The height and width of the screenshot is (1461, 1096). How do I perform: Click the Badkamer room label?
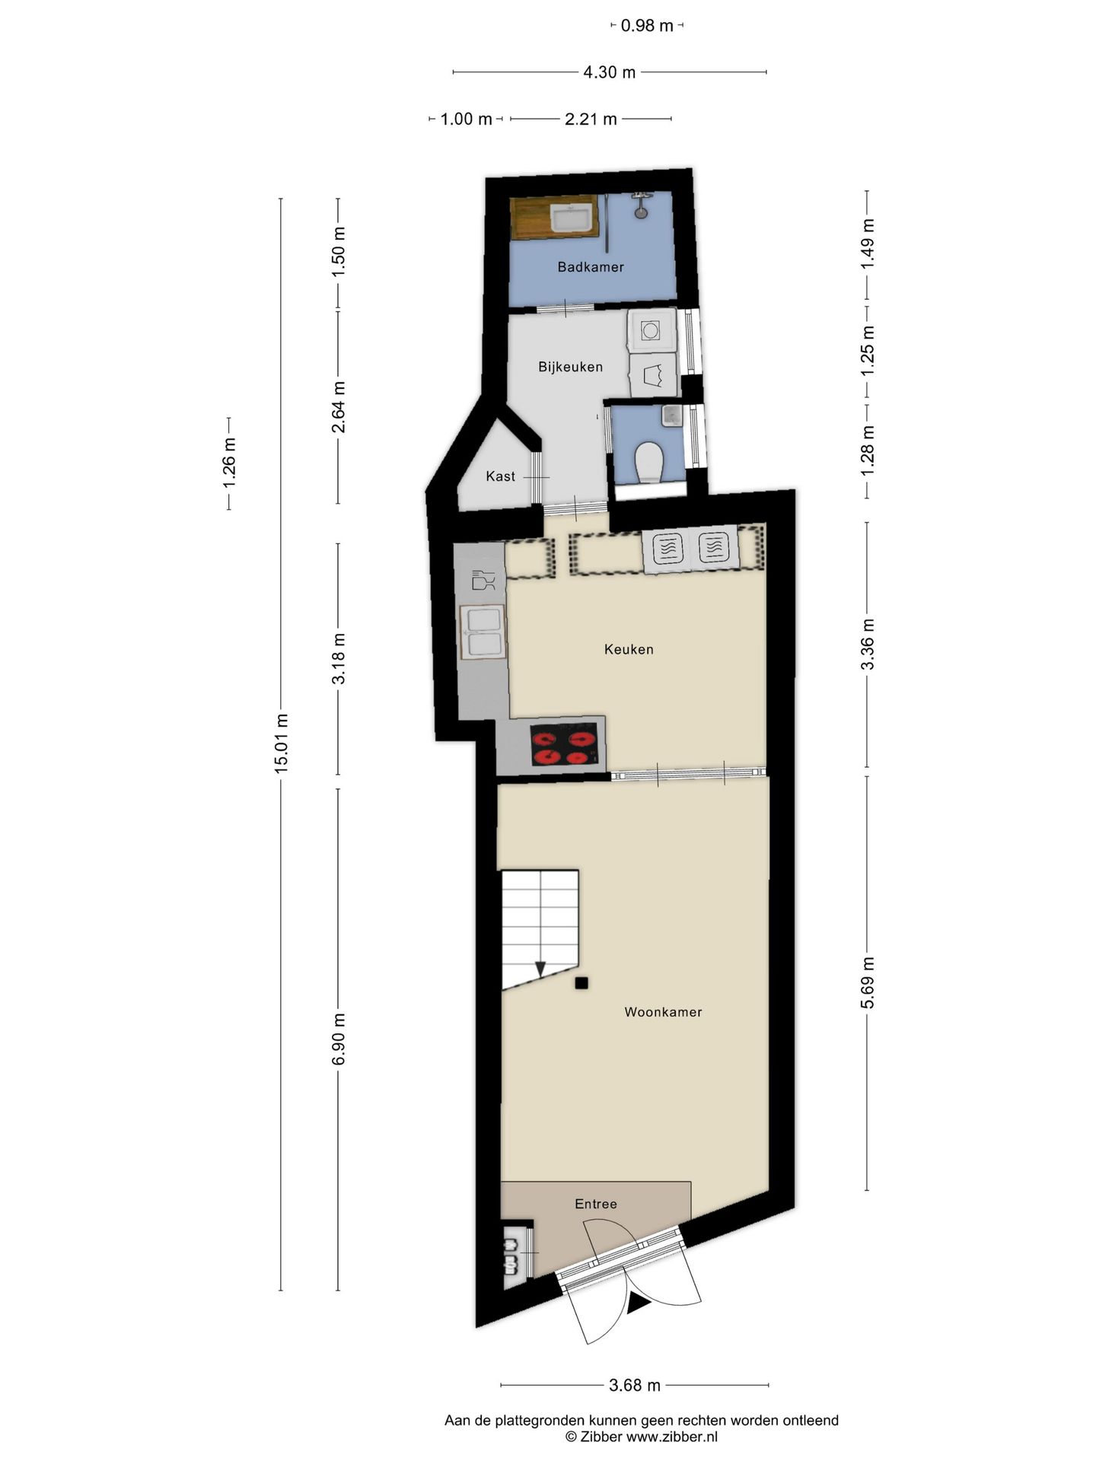[x=590, y=267]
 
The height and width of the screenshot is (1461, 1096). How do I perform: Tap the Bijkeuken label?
[x=570, y=367]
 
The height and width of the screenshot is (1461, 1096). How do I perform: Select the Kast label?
[x=500, y=476]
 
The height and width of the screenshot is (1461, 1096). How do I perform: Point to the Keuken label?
[x=629, y=649]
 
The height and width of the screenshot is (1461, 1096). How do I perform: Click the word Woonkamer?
[x=663, y=1012]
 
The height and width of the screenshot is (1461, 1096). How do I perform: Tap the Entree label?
[x=595, y=1204]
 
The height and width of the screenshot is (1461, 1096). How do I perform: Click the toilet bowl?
[x=649, y=462]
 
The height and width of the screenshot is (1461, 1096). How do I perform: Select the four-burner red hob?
[x=564, y=746]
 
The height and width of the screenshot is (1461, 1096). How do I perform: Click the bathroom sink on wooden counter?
[x=573, y=219]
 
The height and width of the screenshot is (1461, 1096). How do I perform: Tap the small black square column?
[x=581, y=983]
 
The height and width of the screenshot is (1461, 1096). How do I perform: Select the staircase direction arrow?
[x=540, y=969]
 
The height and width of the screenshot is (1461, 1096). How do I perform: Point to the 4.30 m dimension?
[x=609, y=72]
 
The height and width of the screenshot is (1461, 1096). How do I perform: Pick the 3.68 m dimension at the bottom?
[x=634, y=1385]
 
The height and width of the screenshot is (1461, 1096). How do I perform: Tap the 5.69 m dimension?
[x=867, y=982]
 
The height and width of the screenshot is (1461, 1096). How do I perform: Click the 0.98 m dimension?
[x=647, y=26]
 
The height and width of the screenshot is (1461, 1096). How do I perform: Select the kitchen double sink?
[x=483, y=632]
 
